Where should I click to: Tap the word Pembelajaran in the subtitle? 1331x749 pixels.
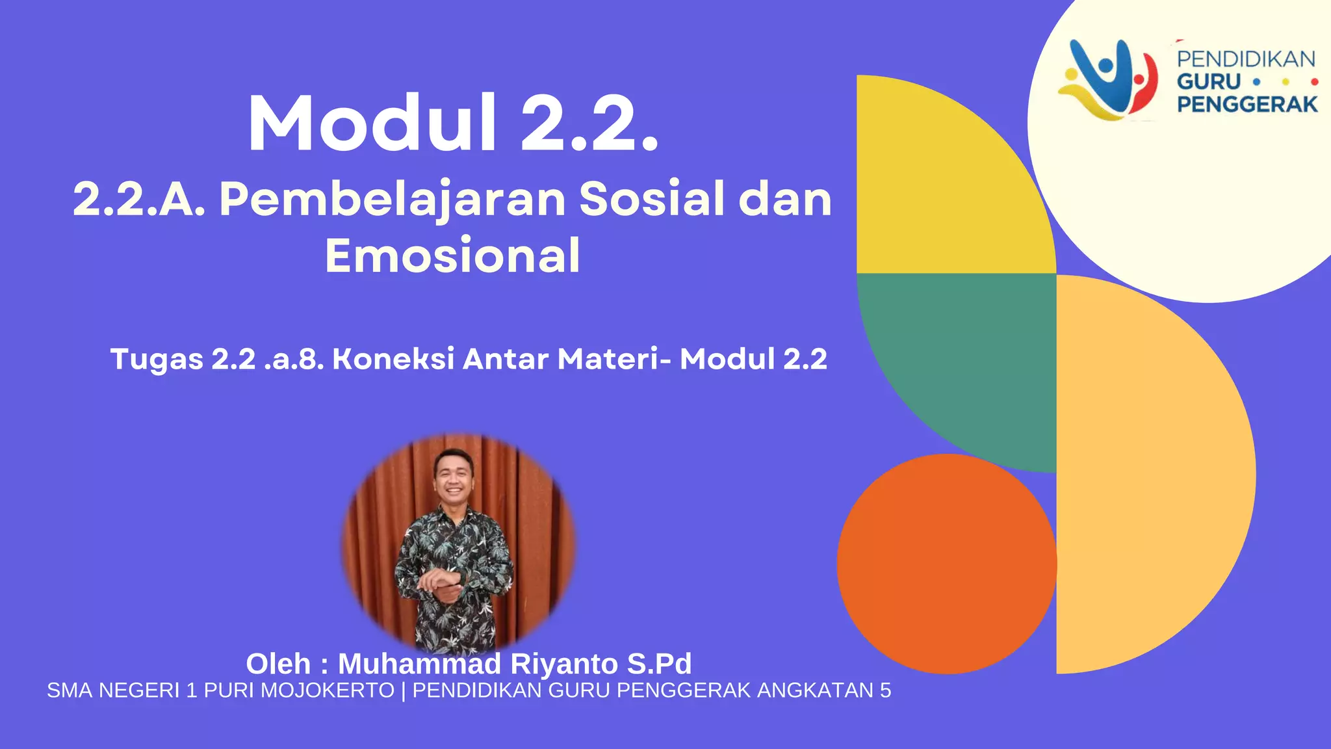click(393, 199)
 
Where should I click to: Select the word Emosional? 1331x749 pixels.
click(452, 256)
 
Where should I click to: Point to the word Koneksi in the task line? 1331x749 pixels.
click(393, 359)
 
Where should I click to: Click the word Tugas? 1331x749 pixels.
click(157, 360)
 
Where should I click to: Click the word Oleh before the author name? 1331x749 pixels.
click(278, 664)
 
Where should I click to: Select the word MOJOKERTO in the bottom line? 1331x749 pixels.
click(328, 690)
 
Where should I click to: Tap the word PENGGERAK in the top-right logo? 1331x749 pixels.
click(1247, 104)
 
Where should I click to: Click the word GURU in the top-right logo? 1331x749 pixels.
click(1209, 82)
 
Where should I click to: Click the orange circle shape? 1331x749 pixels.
click(946, 564)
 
